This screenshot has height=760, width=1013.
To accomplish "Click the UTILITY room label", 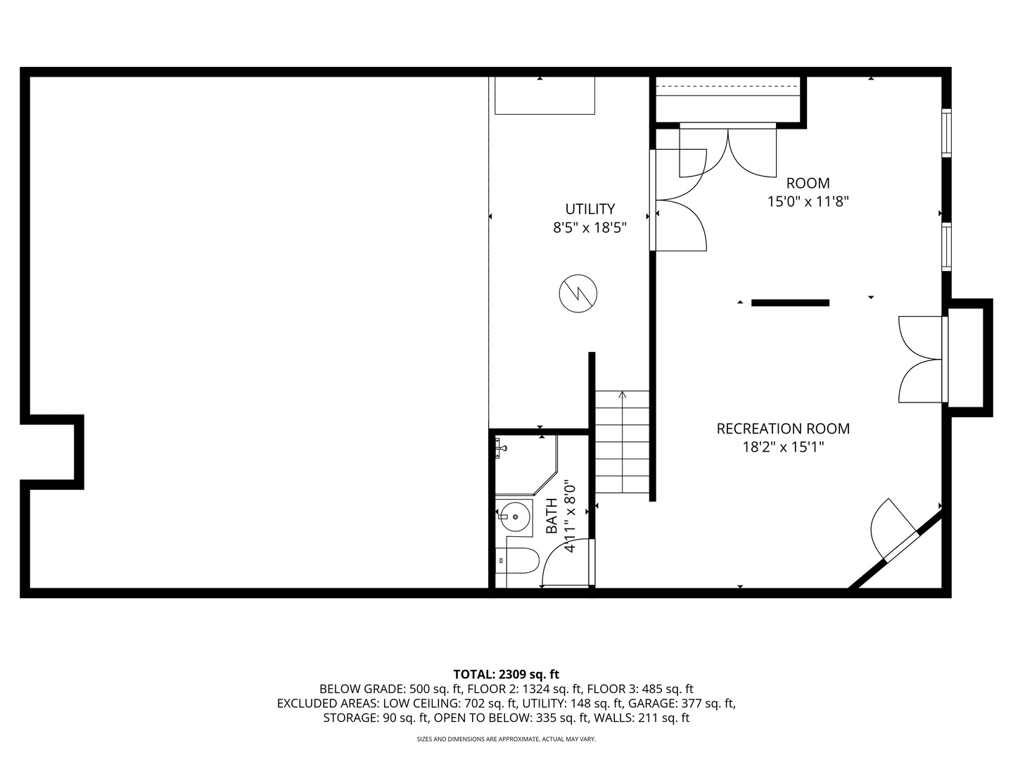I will (x=590, y=209).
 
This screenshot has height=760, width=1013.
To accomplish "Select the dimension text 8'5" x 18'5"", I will (x=590, y=227).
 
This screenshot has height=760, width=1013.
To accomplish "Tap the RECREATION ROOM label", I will (x=782, y=429).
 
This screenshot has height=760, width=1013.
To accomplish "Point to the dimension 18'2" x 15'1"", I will (x=782, y=447).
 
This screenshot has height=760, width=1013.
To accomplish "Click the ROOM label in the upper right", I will (x=808, y=184).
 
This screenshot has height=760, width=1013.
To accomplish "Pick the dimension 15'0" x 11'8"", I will (x=808, y=202).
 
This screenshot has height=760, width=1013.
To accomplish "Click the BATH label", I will (x=552, y=516).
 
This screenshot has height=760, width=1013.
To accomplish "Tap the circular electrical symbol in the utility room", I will (x=578, y=293).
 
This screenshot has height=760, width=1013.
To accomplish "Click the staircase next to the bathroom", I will (x=622, y=442).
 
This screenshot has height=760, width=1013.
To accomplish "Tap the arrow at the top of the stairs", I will (x=622, y=395).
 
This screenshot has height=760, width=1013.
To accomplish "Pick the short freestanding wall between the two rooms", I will (x=790, y=303).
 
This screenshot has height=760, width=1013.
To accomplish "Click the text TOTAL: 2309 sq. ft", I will (x=506, y=674).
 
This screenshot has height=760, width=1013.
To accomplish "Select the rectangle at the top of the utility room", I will (x=544, y=95).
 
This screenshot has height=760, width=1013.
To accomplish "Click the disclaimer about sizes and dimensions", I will (x=506, y=740).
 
